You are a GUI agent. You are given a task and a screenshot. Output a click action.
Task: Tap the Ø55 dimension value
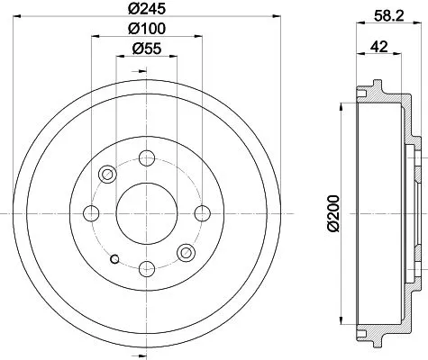coord(146,50)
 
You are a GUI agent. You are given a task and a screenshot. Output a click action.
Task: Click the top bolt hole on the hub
coord(146,158)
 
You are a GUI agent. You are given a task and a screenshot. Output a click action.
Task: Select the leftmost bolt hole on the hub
coord(91,212)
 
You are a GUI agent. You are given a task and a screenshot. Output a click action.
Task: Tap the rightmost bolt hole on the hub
coord(200,212)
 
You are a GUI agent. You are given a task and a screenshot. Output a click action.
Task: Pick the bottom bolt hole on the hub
coord(146,266)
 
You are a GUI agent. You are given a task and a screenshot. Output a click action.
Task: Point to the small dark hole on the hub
coord(114,260)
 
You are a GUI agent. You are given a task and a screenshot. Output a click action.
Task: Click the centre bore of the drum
coord(146,212)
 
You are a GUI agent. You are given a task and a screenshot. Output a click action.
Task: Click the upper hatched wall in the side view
coord(383,93)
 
